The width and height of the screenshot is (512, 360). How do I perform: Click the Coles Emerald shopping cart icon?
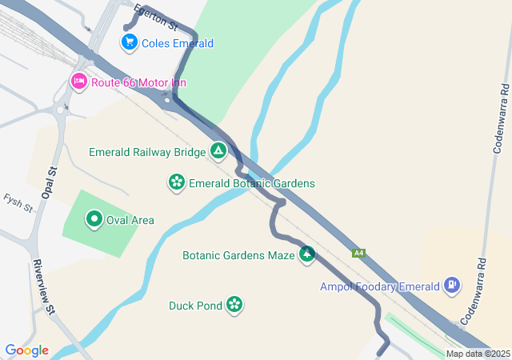click(128, 42)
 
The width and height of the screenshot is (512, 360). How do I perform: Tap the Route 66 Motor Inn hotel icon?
click(78, 82)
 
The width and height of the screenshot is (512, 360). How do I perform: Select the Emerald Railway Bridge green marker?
click(218, 150)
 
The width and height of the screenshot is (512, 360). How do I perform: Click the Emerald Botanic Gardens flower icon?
click(176, 183)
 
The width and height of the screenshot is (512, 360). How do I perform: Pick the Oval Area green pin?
click(94, 219)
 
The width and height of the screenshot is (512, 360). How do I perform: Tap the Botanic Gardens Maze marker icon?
click(306, 255)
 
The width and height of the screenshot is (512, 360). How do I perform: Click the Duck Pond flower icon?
click(234, 304)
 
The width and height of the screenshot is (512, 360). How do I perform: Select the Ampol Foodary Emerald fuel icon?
click(453, 285)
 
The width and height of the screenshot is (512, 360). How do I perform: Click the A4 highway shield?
click(360, 254)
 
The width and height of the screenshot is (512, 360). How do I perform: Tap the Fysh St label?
click(18, 203)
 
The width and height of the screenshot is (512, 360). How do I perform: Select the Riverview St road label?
click(43, 287)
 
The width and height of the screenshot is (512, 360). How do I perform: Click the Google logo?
click(26, 350)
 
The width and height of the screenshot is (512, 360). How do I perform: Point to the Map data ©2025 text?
click(478, 354)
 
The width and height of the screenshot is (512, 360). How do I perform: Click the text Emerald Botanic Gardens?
click(252, 183)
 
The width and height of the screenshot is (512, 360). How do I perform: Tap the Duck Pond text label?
click(194, 305)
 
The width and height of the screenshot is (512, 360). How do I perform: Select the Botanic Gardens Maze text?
click(238, 256)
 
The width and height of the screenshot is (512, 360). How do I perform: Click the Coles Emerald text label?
click(178, 43)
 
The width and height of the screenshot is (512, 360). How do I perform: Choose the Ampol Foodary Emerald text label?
click(380, 286)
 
